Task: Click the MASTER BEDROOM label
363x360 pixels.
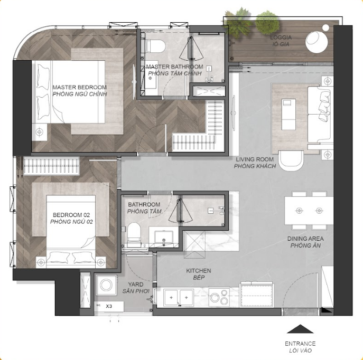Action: point(79,88)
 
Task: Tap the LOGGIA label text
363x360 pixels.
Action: point(281,37)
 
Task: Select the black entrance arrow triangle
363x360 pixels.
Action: point(300,329)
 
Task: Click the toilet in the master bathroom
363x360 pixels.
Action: point(155,46)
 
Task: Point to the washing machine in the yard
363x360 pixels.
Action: point(106,285)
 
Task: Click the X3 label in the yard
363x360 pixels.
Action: point(109,306)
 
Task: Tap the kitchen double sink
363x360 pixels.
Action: point(179,298)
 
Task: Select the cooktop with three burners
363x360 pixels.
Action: point(219,297)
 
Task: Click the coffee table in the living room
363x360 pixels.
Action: point(288,114)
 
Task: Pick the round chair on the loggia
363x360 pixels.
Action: point(317,42)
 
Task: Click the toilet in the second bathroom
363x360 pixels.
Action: point(134,233)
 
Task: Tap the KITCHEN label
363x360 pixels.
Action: point(198,271)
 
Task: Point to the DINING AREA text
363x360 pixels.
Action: point(305,239)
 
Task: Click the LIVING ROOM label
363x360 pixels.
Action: point(255,159)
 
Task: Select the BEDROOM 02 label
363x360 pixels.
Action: point(71,215)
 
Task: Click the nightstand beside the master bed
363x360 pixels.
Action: point(40,132)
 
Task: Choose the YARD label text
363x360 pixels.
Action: point(136,285)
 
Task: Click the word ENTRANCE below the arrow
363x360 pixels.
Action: point(300,344)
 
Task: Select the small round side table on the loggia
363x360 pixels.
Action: point(325,28)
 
